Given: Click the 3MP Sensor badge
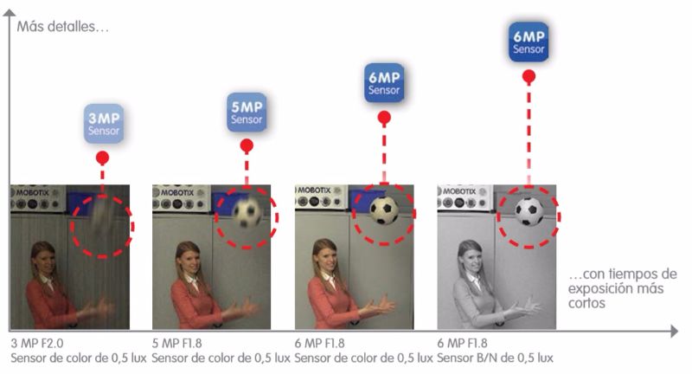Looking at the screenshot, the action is coord(104,124).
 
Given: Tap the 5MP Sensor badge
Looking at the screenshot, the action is coord(247,113).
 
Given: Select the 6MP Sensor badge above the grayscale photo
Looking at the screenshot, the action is coord(529,42).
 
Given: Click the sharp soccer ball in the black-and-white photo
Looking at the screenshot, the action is coord(529,211).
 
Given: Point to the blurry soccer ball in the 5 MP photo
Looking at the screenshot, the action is coord(247,212).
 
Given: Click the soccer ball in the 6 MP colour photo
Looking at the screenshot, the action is coord(384,210).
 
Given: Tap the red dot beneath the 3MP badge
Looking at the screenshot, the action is coord(102,158).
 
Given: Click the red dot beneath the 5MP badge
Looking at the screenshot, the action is coord(247,145).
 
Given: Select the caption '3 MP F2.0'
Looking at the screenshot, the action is coord(37,343).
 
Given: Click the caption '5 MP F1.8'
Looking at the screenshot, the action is coord(177,343).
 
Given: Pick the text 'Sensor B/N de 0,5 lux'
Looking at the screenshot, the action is coord(495,358).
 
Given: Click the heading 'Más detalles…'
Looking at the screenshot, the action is coord(62,27).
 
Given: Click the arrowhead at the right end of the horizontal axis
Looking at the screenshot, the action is coord(675,331).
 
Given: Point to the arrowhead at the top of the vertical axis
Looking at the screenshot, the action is coord(10,13).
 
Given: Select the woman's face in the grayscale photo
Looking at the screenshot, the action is coord(471,256).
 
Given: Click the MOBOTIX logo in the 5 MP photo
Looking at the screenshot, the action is coord(177,192).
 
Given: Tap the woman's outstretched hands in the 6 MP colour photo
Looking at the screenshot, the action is coord(382,304).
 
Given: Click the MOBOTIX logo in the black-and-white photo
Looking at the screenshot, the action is coord(459,191).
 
